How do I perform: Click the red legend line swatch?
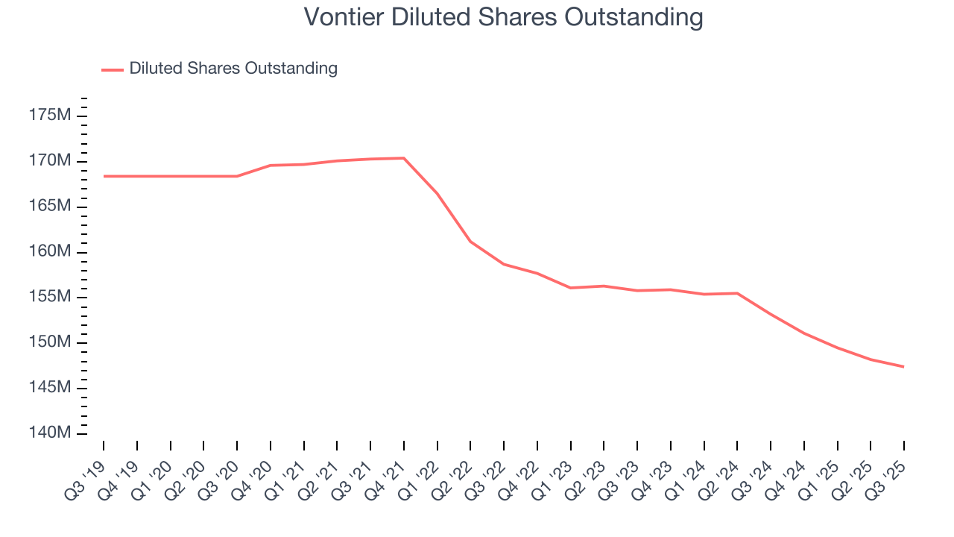113,69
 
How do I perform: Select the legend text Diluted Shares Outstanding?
233,69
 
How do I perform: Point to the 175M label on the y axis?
51,116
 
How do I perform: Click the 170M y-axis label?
51,161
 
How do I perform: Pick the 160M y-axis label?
51,252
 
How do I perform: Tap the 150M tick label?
51,343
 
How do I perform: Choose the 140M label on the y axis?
51,433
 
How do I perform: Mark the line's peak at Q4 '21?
404,158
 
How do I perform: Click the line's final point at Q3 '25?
904,367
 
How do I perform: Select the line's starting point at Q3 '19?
104,176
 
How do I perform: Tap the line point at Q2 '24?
737,293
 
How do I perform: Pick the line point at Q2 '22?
470,242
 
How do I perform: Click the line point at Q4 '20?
271,166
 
